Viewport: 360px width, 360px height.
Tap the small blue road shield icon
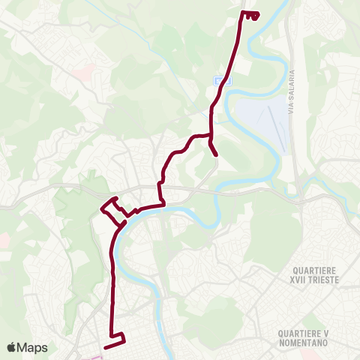[x=218, y=80]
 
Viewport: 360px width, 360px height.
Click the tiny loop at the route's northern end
[x=253, y=15]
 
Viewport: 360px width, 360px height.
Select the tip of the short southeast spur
[x=216, y=154]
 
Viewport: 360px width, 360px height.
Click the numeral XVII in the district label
[x=302, y=280]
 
